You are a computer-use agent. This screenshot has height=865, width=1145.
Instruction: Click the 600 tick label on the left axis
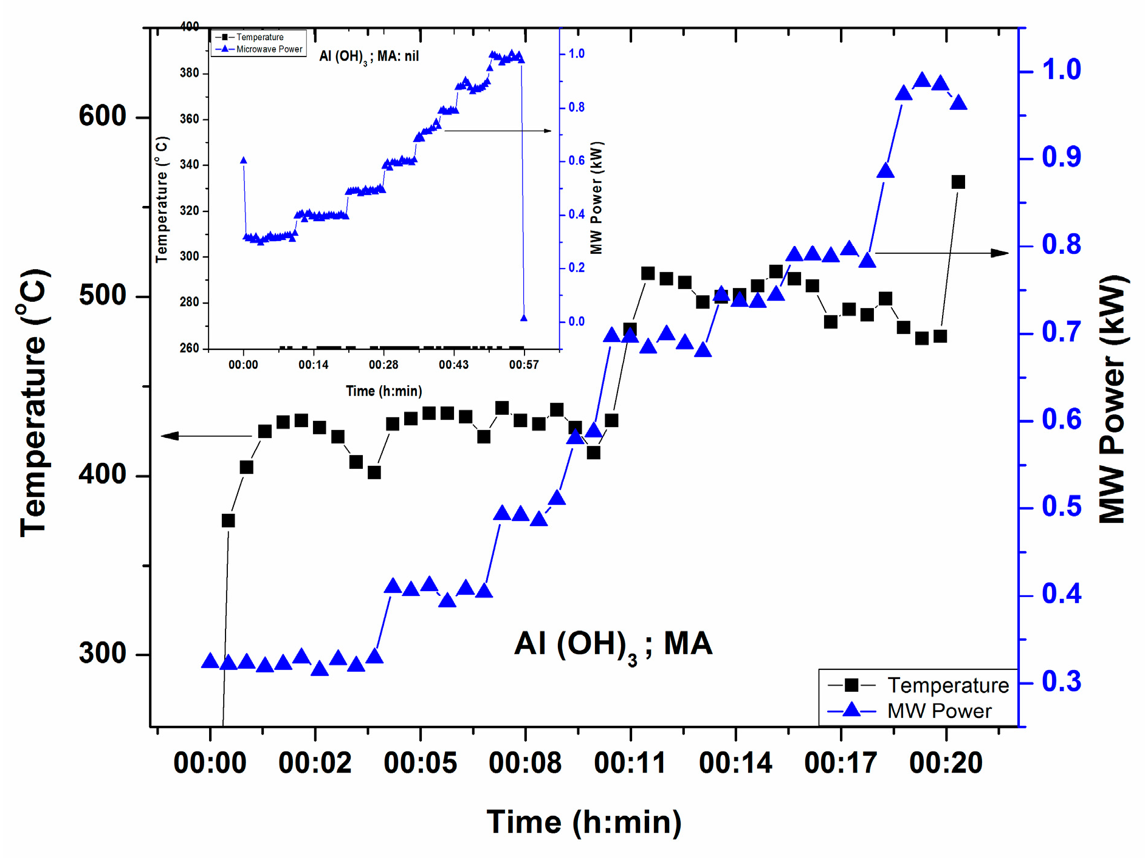tap(102, 116)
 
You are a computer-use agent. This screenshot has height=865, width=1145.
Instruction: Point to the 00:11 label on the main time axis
tap(630, 763)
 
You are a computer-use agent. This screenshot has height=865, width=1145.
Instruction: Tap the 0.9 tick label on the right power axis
tap(1061, 157)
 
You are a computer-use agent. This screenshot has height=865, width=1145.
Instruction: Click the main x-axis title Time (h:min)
tap(584, 822)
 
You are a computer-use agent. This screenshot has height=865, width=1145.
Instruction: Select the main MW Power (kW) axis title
tap(1112, 399)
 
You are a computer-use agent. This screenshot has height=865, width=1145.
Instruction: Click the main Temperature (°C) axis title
tap(33, 402)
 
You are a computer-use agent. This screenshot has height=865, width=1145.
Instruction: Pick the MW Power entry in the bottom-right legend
tap(939, 711)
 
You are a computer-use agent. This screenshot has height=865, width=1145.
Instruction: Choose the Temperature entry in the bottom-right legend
tap(947, 685)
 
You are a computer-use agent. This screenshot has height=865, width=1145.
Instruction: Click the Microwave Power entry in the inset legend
tap(269, 49)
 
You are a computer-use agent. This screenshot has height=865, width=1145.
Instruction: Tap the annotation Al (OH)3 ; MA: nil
tap(369, 56)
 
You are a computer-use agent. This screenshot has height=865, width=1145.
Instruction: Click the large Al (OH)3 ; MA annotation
tap(613, 644)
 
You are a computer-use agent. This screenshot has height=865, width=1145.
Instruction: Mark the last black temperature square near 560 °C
tap(958, 182)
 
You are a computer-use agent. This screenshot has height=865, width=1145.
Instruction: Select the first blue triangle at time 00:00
tap(210, 662)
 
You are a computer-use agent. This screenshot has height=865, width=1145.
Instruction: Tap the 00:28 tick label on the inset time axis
tap(383, 364)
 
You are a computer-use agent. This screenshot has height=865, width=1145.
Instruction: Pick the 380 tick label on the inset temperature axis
tap(189, 73)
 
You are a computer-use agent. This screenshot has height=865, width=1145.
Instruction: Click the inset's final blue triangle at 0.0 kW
tap(524, 318)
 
